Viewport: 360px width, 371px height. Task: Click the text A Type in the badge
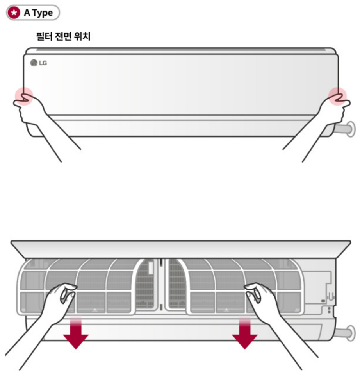(x=38, y=13)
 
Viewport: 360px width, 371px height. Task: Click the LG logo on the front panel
(x=38, y=63)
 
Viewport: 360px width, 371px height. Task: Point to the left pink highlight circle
(x=23, y=96)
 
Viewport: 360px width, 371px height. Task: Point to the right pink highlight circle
(x=337, y=96)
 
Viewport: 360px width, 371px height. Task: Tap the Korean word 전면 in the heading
(x=63, y=38)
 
